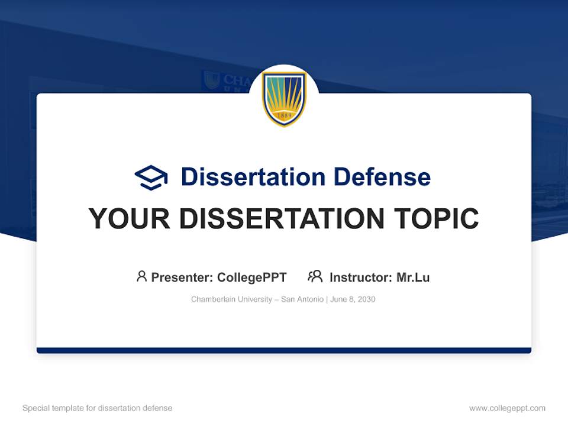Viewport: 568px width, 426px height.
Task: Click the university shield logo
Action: [284, 98]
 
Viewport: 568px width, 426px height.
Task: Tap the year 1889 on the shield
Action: [284, 115]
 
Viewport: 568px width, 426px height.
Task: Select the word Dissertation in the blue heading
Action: [253, 177]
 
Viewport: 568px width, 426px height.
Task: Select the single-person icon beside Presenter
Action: [141, 276]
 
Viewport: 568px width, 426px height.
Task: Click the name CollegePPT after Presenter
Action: [251, 277]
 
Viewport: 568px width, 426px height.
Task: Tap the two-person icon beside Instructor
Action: [315, 276]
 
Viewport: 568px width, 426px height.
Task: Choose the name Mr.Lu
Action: [413, 277]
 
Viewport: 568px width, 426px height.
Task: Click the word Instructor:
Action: [360, 277]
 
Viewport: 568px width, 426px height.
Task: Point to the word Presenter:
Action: [182, 277]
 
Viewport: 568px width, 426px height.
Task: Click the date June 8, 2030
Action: [353, 299]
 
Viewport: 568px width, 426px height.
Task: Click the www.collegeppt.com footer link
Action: [507, 408]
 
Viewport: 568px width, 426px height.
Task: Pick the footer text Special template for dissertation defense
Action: [97, 408]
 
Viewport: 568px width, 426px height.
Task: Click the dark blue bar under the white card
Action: [284, 350]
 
